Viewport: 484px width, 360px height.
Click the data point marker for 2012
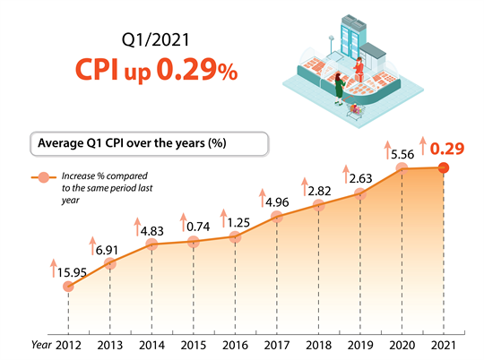pyautogui.click(x=68, y=286)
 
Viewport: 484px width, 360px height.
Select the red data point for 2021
pyautogui.click(x=444, y=167)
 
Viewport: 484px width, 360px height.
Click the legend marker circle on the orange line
pyautogui.click(x=41, y=179)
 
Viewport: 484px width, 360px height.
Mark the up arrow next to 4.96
pyautogui.click(x=263, y=195)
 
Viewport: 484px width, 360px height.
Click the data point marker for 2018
pyautogui.click(x=319, y=205)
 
